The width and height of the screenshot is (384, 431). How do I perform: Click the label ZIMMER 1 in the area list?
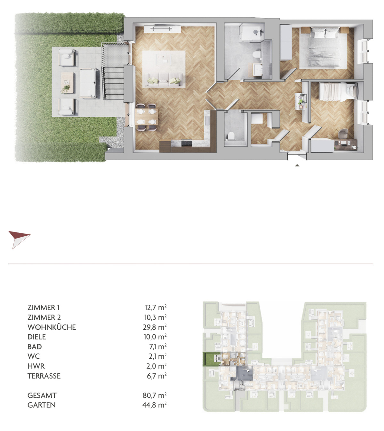(44, 308)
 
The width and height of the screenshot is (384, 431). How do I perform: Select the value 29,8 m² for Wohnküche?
(155, 327)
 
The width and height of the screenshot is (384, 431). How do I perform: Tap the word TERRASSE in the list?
(44, 376)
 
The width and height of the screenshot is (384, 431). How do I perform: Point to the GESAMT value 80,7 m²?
(155, 395)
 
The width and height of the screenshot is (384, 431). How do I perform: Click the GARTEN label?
(42, 405)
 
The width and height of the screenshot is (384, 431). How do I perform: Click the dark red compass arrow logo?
(19, 239)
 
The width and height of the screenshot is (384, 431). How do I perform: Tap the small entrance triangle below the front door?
(297, 165)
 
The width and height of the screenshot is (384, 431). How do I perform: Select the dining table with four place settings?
(147, 117)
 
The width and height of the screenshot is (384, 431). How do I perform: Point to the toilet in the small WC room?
(231, 136)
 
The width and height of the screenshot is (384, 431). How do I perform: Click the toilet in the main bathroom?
(257, 54)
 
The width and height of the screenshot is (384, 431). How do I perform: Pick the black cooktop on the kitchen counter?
(186, 143)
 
